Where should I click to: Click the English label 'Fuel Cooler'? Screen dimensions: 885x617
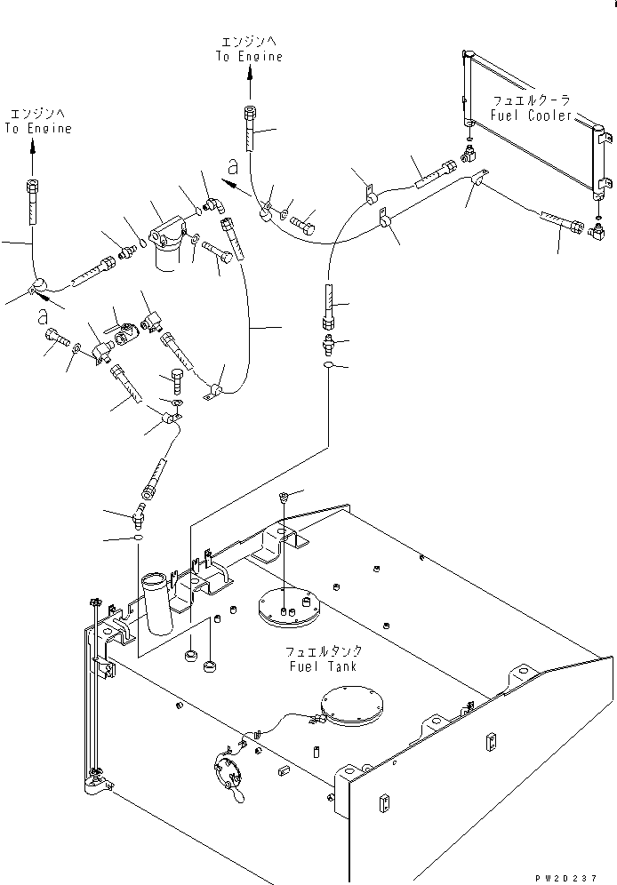coord(531,115)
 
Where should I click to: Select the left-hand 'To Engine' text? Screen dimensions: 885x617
coord(36,129)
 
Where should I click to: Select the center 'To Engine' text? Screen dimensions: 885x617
coord(249,57)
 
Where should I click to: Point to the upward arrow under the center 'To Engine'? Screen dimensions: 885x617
coord(249,84)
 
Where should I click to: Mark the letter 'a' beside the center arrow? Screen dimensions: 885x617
coord(232,165)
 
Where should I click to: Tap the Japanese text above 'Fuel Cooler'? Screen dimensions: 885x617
coord(531,100)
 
